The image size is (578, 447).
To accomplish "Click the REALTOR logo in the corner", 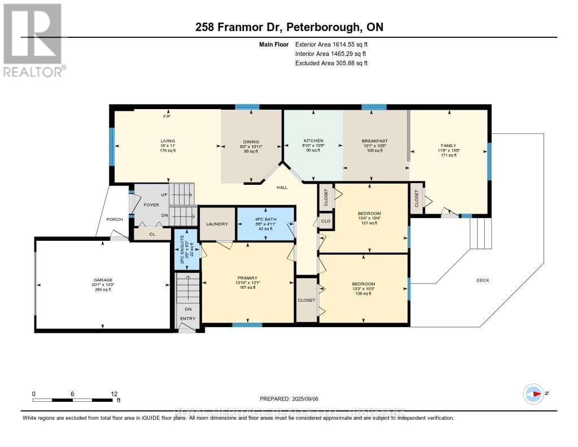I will click(33, 40).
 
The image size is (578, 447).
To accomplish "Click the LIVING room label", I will click(168, 141).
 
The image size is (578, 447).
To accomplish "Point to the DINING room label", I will click(251, 142).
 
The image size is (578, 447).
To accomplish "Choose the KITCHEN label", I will click(313, 140).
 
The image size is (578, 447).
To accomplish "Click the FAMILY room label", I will click(448, 146).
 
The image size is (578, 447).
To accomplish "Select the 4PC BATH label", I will click(265, 217).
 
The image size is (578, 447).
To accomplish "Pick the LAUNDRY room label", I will click(217, 224).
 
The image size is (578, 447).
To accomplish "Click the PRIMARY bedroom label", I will click(247, 278).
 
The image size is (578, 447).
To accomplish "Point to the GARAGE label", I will click(103, 280).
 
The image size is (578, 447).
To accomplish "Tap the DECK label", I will click(483, 280).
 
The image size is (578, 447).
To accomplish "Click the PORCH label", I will click(115, 219).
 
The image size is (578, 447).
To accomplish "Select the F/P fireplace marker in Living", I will click(167, 116).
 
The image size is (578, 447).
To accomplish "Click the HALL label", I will click(283, 187).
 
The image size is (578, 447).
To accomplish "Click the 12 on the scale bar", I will click(114, 393).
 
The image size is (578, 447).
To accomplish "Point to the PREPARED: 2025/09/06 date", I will click(288, 398).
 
